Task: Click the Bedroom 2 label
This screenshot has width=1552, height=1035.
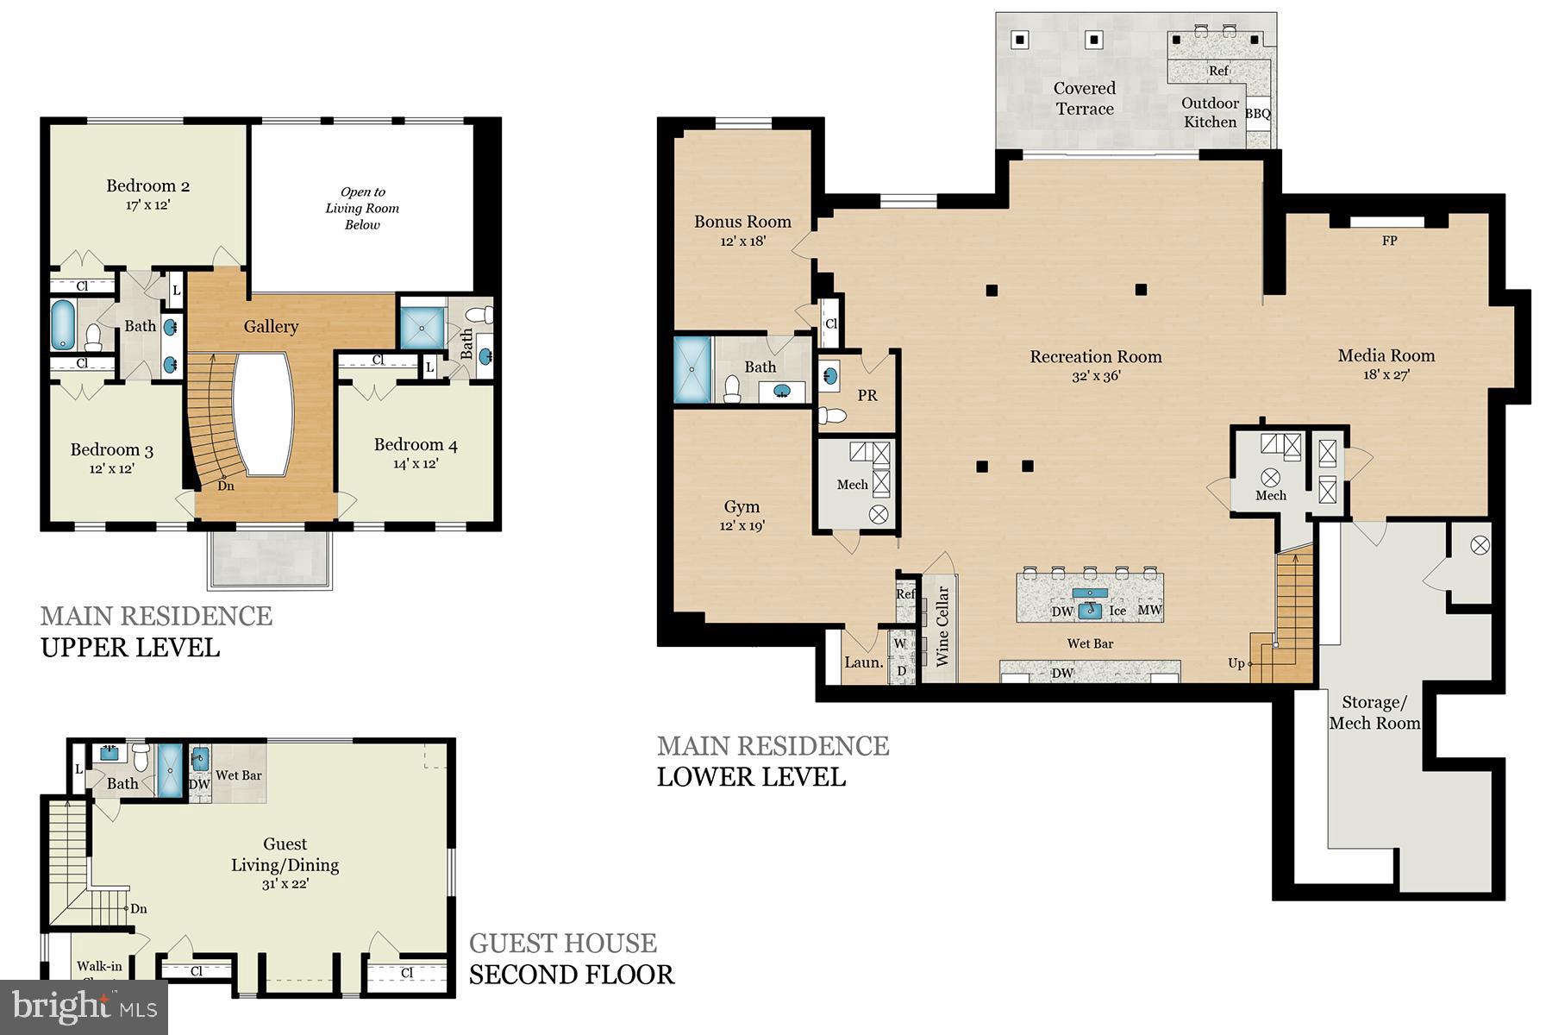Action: click(147, 186)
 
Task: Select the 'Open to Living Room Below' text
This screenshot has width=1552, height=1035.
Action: click(362, 208)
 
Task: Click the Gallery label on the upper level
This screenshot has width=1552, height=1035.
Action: click(271, 326)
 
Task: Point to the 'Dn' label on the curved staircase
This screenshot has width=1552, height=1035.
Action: click(226, 486)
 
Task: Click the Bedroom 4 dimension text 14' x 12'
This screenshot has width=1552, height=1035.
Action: click(416, 463)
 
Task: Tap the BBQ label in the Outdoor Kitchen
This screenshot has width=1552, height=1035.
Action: click(1258, 113)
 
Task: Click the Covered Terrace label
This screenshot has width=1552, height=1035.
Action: click(1085, 98)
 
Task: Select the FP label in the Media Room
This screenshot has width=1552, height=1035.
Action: click(1389, 241)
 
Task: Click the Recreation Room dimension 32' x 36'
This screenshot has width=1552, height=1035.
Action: click(1096, 376)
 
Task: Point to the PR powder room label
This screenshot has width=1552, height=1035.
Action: click(867, 395)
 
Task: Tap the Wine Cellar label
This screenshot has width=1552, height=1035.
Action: click(942, 626)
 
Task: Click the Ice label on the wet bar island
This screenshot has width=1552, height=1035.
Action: click(1117, 611)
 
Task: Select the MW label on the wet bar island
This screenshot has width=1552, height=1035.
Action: click(1150, 610)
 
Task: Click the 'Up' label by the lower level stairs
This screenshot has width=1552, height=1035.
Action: click(1236, 663)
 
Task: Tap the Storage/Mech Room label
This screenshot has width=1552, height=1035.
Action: click(1374, 712)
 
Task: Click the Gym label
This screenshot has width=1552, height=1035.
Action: click(742, 506)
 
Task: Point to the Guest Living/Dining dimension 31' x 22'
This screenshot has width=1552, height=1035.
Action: click(285, 884)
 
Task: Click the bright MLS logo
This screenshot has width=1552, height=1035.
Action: click(84, 1007)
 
